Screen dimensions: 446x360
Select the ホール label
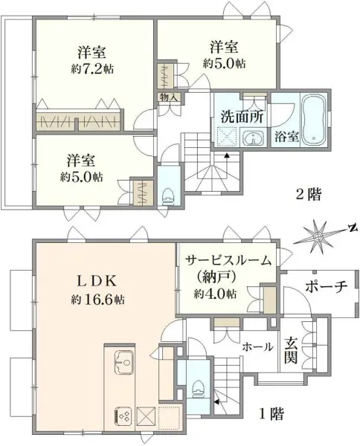(x=258, y=346)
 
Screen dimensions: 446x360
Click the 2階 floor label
(x=309, y=195)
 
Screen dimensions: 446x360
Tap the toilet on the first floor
(x=196, y=386)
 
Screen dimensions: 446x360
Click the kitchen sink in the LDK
(x=123, y=365)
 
